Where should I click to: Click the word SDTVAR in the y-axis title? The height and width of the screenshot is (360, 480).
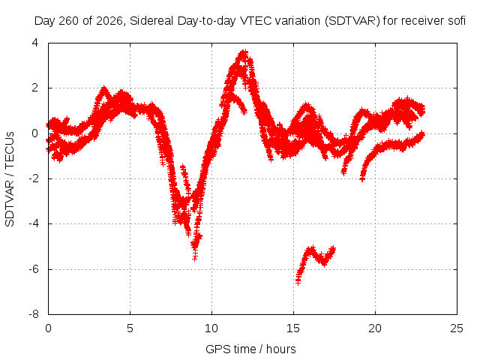coord(10,203)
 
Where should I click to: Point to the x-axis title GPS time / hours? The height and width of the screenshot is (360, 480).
coord(250,349)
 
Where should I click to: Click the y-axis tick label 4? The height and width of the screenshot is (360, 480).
coord(35,43)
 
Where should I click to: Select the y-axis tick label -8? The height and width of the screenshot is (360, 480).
coord(34,314)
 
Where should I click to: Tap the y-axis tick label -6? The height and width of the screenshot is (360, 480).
coord(34,269)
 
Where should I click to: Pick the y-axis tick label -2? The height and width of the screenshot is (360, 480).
coord(34,178)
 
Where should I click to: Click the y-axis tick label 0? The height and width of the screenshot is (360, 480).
coord(35,133)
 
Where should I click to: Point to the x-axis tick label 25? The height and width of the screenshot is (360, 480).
coord(457,328)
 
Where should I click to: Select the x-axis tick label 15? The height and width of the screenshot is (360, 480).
coord(293,328)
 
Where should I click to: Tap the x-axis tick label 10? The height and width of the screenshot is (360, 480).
coord(211,328)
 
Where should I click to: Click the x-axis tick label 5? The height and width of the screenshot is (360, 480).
coord(130,328)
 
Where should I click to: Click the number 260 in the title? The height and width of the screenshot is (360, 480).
coord(68,21)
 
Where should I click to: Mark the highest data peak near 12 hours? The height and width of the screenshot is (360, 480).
coord(244,52)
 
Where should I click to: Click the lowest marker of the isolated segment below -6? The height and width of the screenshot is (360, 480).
coord(298,282)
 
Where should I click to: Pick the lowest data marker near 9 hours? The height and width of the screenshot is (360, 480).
coord(195,258)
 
